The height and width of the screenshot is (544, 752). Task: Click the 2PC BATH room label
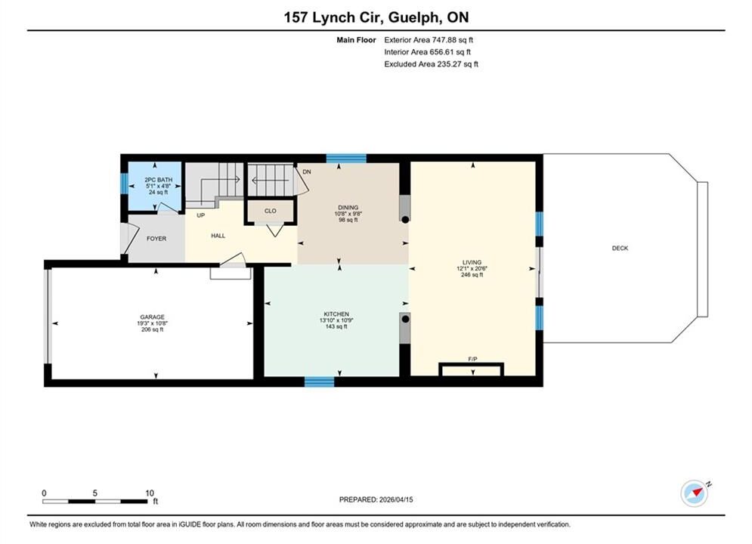click(158, 180)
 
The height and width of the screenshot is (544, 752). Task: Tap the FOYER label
click(156, 238)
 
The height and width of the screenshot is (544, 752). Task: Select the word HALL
click(218, 235)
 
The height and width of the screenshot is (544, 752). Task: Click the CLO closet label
click(271, 211)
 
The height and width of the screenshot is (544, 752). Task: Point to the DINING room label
click(348, 208)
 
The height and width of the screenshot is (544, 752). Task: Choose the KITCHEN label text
click(336, 314)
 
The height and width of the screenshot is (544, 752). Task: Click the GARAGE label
click(153, 317)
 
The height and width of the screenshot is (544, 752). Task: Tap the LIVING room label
click(472, 262)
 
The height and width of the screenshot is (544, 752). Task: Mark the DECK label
click(620, 248)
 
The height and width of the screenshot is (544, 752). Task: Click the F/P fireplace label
click(472, 359)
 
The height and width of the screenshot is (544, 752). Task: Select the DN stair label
click(307, 172)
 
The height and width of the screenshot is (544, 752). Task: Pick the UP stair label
click(201, 215)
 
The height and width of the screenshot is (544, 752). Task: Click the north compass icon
click(695, 493)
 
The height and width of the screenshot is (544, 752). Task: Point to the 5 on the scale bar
click(95, 493)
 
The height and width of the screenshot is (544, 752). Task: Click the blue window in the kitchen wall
click(320, 382)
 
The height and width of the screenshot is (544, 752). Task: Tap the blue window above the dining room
click(346, 159)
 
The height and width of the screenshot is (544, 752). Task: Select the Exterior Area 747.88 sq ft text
click(429, 40)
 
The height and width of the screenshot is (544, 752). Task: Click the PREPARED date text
click(376, 499)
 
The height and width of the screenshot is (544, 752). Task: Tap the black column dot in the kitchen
click(405, 319)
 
